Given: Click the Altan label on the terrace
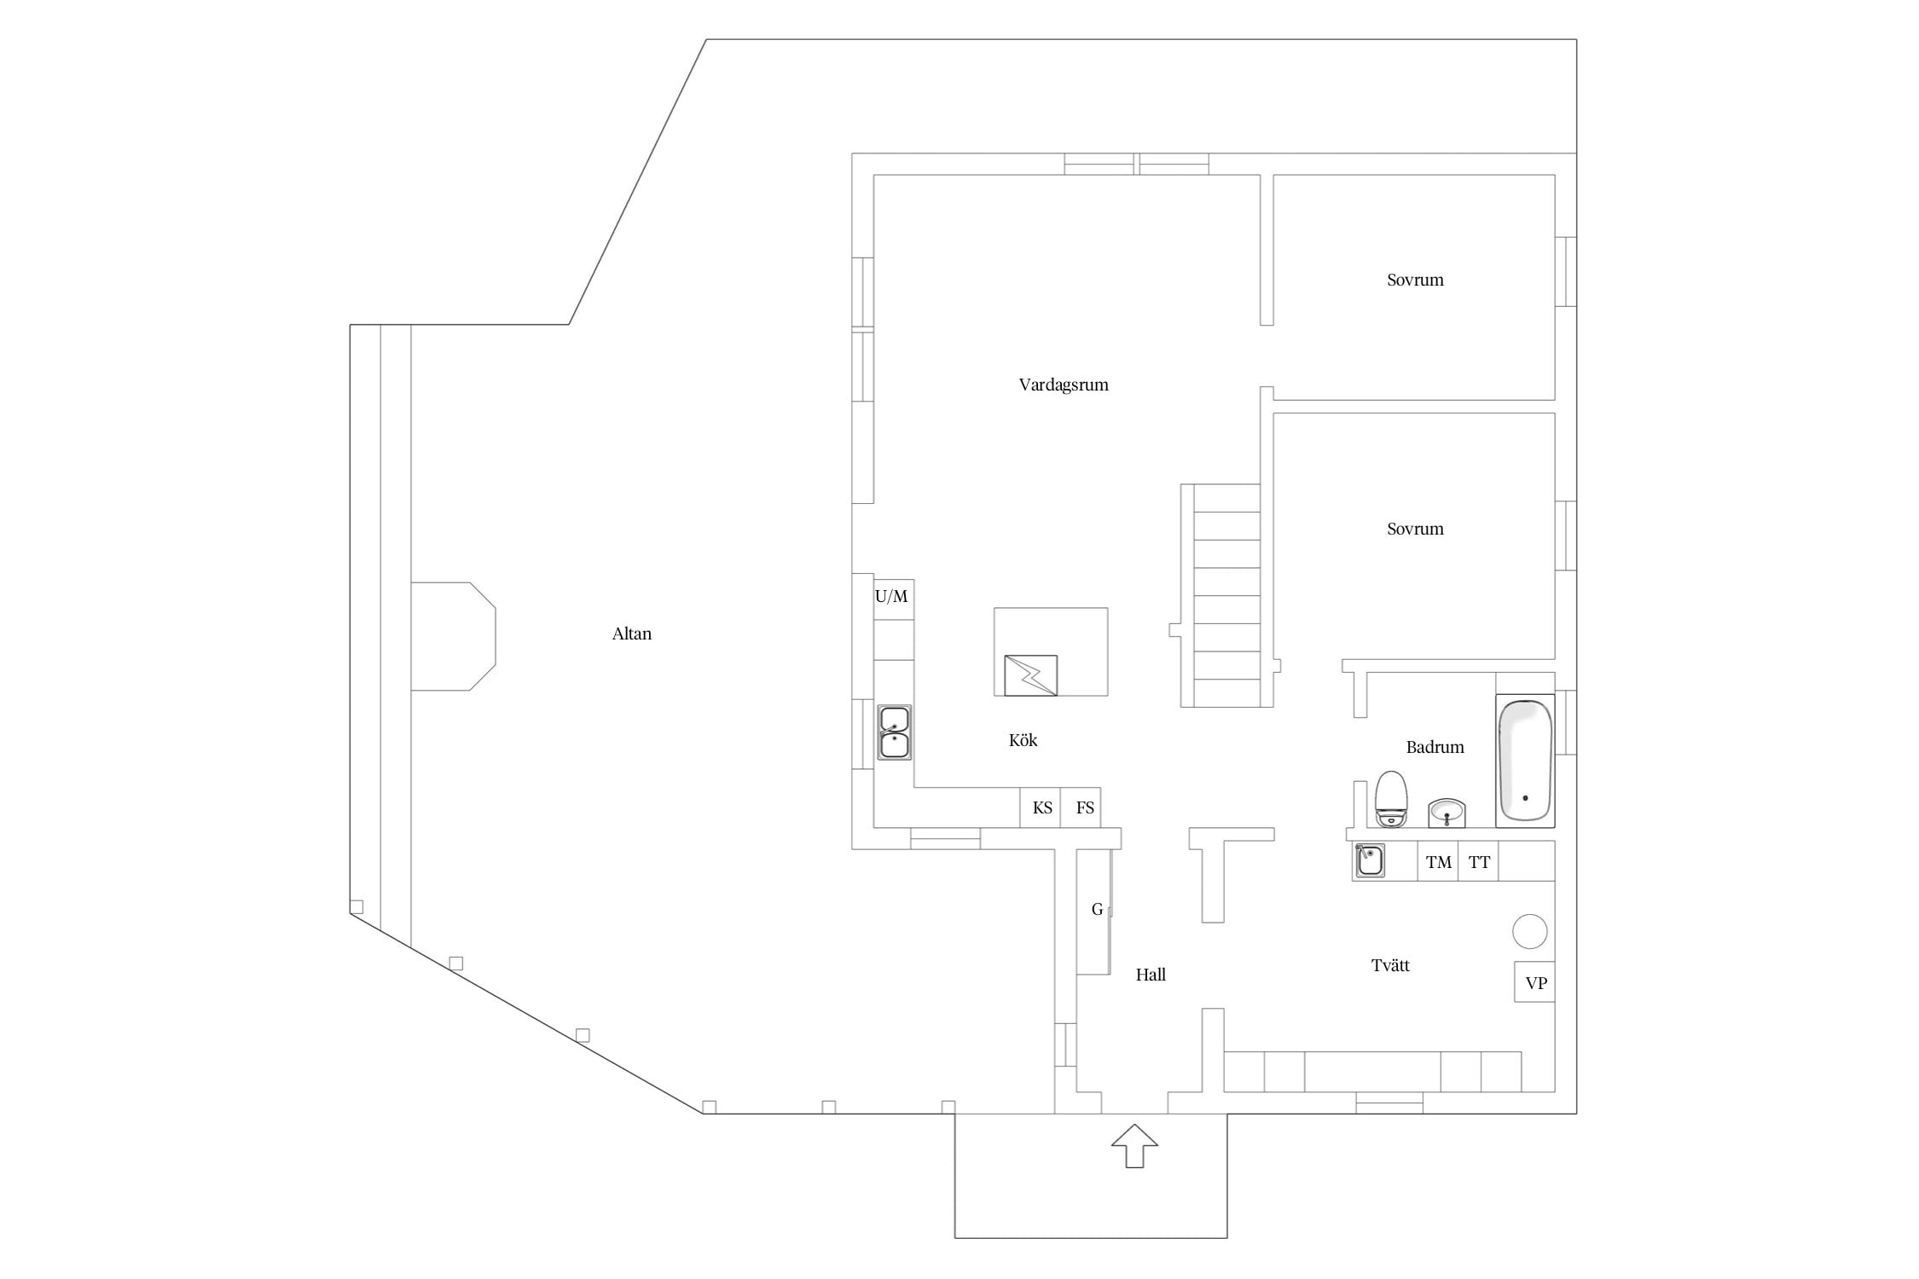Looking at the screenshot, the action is pos(631,634).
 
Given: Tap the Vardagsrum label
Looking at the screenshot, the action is pos(1064,385).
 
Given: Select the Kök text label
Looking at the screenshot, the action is pos(1023,740).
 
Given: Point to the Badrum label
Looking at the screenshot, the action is pos(1435,747).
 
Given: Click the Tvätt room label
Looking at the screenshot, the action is pos(1390,965).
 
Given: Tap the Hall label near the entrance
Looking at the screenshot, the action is pos(1151,975).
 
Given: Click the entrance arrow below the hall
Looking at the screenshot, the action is pos(1134,1146).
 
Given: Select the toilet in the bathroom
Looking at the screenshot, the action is pos(1391,799).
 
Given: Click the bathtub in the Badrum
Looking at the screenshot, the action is pos(1525,761).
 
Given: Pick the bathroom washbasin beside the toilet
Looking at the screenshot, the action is pos(1446,813).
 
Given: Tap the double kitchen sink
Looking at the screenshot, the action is pos(894,732).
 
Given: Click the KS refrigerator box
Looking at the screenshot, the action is pos(1041,807).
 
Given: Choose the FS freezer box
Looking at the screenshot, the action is pos(1081,807).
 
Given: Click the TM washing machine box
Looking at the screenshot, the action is pos(1438,861).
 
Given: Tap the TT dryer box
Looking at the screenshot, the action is pos(1478,861).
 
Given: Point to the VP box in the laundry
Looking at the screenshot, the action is pos(1535,982).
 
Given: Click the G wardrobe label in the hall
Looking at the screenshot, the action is pos(1097,910).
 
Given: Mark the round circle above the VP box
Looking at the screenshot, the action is pos(1530,931).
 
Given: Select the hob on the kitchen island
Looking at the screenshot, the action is pos(1031,675).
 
